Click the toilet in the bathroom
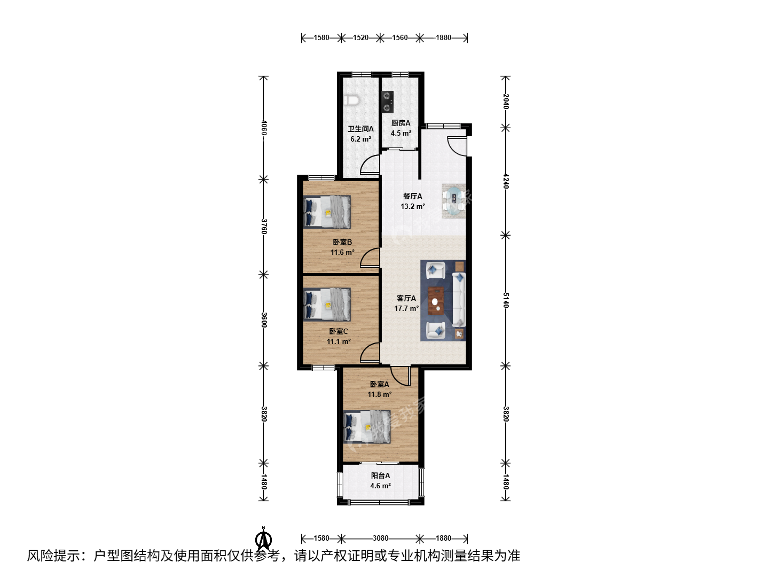tap(352, 100)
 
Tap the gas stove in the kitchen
tap(388, 102)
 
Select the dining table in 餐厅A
tap(454, 201)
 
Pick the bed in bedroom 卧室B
tap(327, 212)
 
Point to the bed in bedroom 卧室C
tap(327, 305)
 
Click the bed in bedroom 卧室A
tap(367, 427)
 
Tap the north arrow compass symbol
tap(263, 540)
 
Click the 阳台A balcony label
tap(380, 475)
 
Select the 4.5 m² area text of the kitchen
tap(401, 133)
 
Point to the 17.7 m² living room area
tap(406, 308)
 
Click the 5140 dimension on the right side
tap(506, 300)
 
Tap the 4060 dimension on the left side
tap(264, 128)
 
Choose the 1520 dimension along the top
tap(360, 37)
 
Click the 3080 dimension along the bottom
tap(380, 538)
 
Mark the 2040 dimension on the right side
tap(506, 102)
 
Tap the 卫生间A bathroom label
tap(360, 129)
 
